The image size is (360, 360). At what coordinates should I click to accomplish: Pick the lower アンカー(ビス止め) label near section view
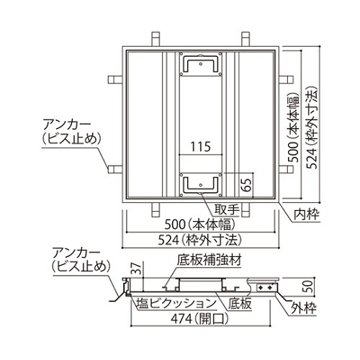point(78,260)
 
